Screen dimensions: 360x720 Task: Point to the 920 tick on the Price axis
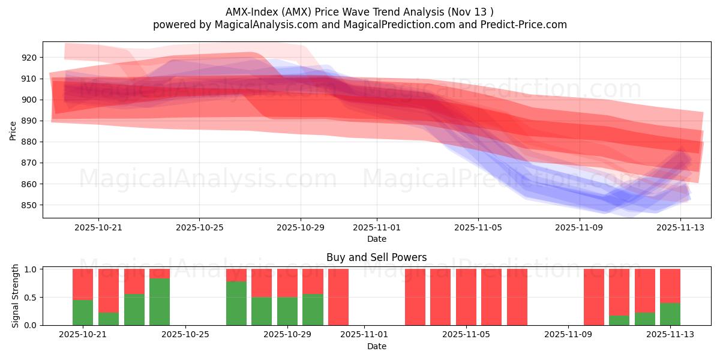[29, 58]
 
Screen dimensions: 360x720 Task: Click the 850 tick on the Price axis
[29, 205]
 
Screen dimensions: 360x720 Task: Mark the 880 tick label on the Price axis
[29, 142]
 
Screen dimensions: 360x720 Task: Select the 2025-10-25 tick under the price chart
[199, 227]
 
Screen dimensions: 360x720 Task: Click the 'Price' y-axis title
[13, 130]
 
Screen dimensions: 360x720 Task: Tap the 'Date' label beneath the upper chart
[377, 239]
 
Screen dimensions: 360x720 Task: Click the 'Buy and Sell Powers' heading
[377, 257]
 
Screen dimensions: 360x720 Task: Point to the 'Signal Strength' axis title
[16, 296]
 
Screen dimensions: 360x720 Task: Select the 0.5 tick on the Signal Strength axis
[30, 298]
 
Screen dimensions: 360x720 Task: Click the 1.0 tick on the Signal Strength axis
[30, 269]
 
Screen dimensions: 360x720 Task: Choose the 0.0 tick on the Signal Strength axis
[30, 325]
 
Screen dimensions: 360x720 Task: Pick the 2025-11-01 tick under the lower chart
[364, 335]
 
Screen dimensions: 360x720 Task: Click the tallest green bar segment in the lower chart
[160, 302]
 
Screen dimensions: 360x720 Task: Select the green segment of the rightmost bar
[670, 314]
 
